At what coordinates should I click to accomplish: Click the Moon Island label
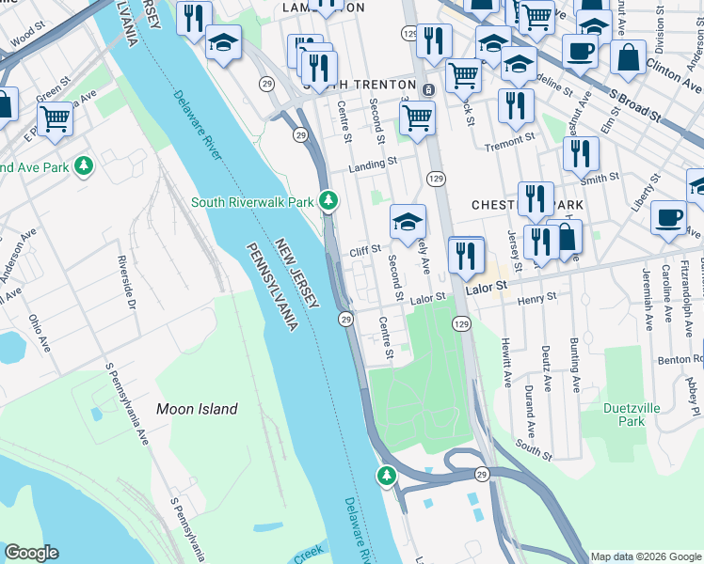tap(197, 409)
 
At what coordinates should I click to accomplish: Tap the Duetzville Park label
tap(625, 415)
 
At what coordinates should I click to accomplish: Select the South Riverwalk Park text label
tap(251, 201)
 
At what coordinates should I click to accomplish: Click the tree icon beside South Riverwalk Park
tap(328, 200)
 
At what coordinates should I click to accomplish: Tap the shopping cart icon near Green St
tap(56, 119)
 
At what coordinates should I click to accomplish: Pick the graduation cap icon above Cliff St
tap(408, 222)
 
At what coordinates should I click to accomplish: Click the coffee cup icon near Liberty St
tap(668, 217)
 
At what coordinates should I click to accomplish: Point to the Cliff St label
tap(364, 251)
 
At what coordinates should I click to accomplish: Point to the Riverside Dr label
tap(126, 280)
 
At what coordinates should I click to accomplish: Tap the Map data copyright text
tap(646, 556)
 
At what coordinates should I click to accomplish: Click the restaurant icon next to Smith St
tap(584, 153)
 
